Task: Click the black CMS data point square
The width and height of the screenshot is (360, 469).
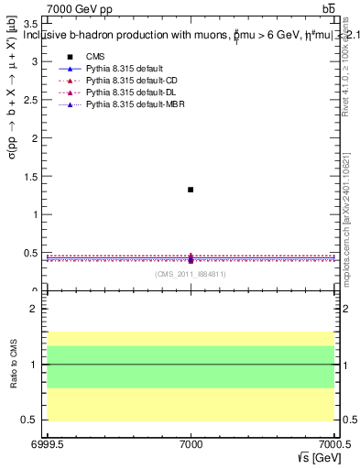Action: [x=191, y=190]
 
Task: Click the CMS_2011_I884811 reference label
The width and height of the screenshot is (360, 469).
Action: [x=191, y=274]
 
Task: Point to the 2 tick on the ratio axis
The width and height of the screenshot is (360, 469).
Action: [x=35, y=310]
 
